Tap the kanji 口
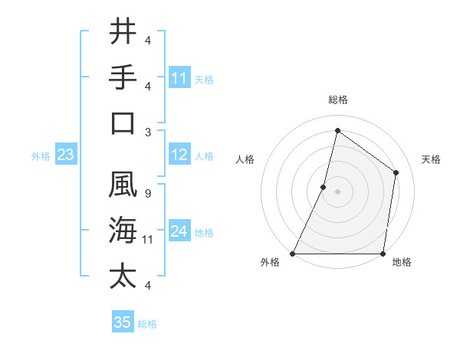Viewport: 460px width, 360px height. [x=123, y=123]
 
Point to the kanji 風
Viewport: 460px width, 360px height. [x=123, y=184]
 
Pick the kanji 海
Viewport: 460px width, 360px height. [x=123, y=230]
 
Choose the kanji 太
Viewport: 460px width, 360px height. [x=123, y=276]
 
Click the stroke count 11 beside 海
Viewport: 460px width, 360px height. [x=148, y=240]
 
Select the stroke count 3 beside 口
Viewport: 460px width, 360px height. [x=147, y=132]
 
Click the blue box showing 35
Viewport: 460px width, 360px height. [x=123, y=322]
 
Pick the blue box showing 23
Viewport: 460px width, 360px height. [x=65, y=155]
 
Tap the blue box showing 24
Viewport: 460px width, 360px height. [x=179, y=232]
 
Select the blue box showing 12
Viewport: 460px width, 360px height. [x=179, y=155]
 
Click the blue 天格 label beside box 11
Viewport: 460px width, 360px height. [x=204, y=79]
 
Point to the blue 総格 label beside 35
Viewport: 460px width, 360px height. [x=147, y=324]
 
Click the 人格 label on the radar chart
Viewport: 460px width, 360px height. [x=245, y=159]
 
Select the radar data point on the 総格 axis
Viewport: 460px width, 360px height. [x=337, y=130]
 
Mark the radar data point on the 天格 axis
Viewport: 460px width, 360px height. [x=396, y=172]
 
